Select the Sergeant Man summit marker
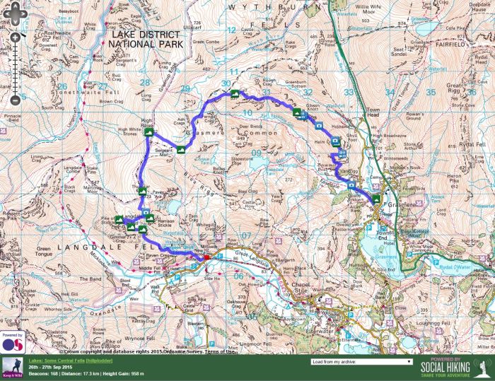click(x=181, y=150)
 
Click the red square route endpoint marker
click(x=207, y=257)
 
